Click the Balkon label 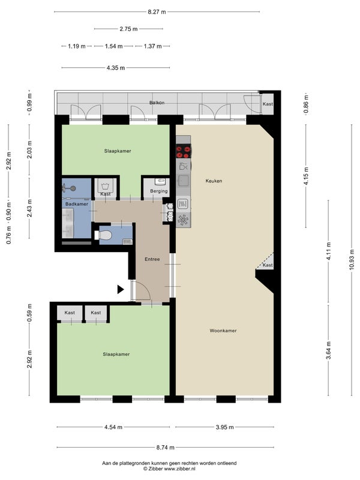tap(157, 103)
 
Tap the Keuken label tap(214, 181)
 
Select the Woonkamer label tap(223, 331)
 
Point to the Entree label tap(152, 259)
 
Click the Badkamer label tap(77, 204)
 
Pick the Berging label tap(159, 191)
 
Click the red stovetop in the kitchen tap(184, 151)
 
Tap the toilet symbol tap(103, 235)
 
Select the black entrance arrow tap(121, 289)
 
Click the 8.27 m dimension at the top tap(157, 12)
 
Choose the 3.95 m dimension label tap(224, 427)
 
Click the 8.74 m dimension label tap(166, 448)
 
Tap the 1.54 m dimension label tap(113, 46)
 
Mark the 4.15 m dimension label tap(307, 176)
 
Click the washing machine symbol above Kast tap(106, 186)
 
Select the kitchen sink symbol tap(184, 181)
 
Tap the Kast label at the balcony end tap(268, 104)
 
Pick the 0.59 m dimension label tap(29, 313)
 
